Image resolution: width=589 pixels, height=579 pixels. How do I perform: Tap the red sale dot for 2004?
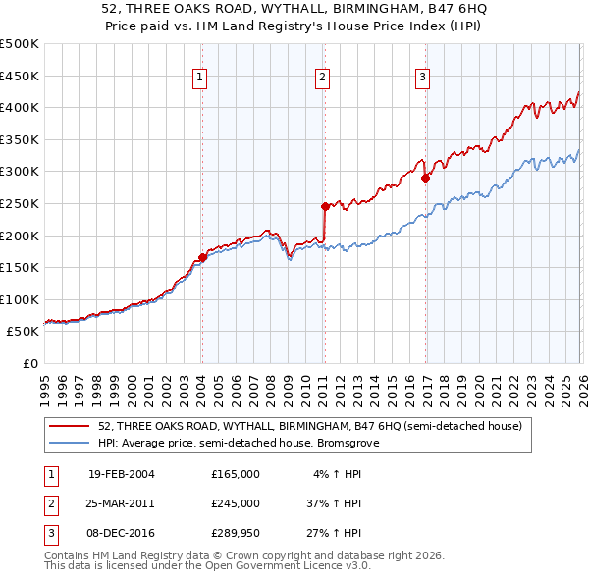tap(202, 257)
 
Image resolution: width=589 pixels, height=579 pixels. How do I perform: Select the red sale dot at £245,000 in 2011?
tap(325, 206)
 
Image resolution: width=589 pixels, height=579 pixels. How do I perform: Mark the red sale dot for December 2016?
tap(425, 178)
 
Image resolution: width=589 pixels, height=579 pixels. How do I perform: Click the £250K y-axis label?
tap(20, 203)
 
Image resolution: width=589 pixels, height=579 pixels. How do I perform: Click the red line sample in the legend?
tap(71, 427)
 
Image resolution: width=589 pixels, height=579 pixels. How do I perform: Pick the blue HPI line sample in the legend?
tap(71, 443)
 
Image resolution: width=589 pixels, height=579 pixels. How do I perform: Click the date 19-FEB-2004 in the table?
tap(121, 474)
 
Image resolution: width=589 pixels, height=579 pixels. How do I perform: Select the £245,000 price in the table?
tap(236, 503)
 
